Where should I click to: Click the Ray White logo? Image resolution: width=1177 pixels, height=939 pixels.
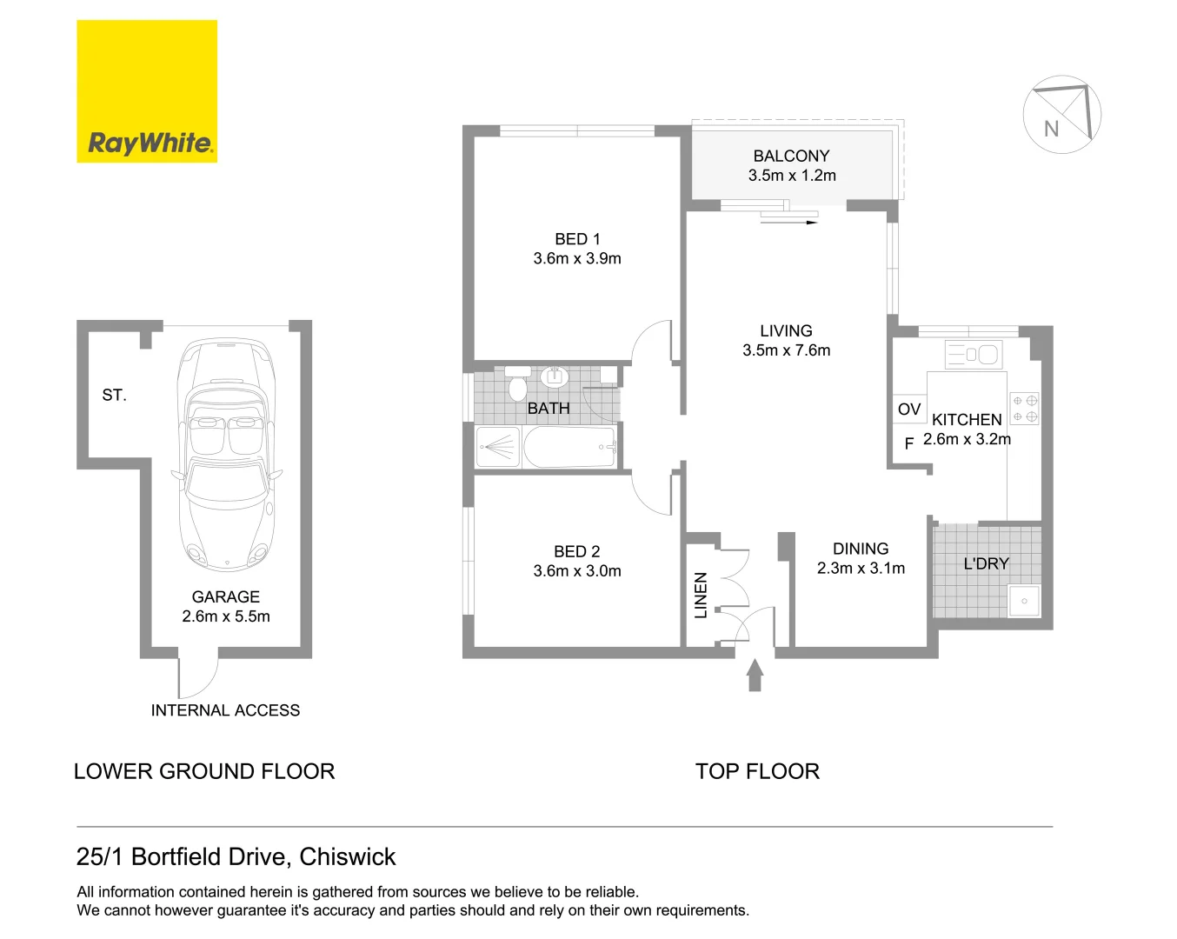click(147, 90)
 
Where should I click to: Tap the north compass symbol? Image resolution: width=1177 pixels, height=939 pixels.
click(1061, 115)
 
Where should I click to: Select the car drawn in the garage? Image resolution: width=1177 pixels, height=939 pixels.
click(226, 454)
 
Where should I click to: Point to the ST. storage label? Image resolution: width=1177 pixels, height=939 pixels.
click(114, 395)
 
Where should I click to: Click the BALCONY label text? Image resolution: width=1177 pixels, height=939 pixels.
click(791, 156)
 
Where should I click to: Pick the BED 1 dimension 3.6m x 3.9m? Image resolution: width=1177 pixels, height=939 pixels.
click(577, 258)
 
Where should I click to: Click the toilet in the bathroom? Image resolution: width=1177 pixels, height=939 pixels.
click(517, 383)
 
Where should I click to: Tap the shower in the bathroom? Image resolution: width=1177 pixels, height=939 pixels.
click(498, 447)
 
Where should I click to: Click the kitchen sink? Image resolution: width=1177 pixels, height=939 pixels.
click(974, 354)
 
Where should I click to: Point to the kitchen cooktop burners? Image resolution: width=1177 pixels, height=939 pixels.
click(1024, 409)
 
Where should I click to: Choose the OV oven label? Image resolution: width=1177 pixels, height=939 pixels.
click(909, 409)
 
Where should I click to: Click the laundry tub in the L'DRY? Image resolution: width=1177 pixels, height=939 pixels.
click(1024, 600)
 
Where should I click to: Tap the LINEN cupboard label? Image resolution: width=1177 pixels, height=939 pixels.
click(701, 596)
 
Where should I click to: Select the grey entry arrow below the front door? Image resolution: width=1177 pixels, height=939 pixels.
click(755, 675)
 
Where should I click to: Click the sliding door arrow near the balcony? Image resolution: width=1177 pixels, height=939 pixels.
click(788, 223)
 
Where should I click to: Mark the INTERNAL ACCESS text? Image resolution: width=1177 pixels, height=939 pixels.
click(225, 710)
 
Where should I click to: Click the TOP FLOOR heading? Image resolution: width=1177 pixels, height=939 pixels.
click(757, 771)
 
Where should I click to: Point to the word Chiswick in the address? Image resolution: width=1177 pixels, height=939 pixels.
click(348, 857)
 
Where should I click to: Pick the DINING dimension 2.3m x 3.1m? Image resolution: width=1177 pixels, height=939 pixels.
click(861, 569)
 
